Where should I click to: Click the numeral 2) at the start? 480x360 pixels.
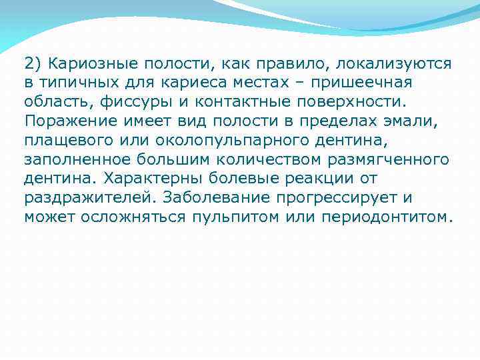[32, 64]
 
